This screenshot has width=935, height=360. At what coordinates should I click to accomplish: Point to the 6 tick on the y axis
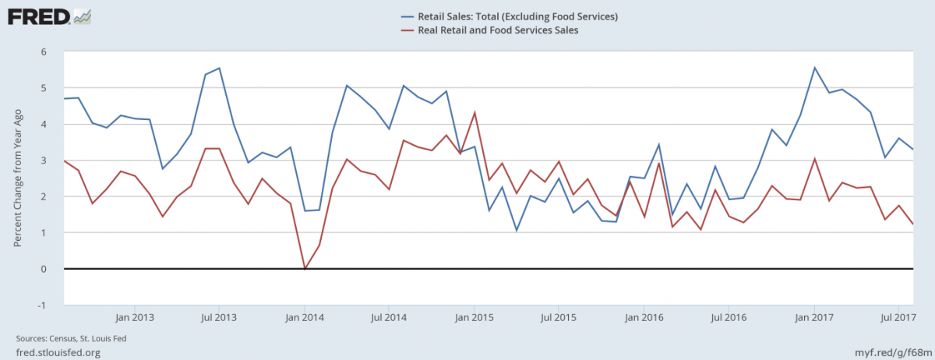(x=44, y=52)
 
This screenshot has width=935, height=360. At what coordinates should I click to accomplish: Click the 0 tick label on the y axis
(x=44, y=269)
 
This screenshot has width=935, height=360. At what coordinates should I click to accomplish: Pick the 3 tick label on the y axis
(x=44, y=161)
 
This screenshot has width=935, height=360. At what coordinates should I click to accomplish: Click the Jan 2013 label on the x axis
(x=135, y=318)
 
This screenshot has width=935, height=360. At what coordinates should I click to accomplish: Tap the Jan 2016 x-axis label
(x=644, y=318)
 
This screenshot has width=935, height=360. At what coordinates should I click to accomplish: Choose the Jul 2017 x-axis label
(x=899, y=318)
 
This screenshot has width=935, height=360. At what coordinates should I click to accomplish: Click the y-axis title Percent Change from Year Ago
(x=17, y=178)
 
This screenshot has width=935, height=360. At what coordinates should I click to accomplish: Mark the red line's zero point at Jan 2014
(x=305, y=269)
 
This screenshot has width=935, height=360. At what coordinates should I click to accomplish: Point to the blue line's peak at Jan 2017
(x=814, y=68)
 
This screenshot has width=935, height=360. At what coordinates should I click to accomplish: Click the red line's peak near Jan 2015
(x=475, y=113)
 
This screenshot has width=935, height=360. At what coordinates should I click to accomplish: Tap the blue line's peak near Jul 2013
(x=220, y=69)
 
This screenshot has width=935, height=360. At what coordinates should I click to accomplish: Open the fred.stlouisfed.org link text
(x=58, y=352)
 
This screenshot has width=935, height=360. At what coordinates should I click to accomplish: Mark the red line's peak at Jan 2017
(x=814, y=159)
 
